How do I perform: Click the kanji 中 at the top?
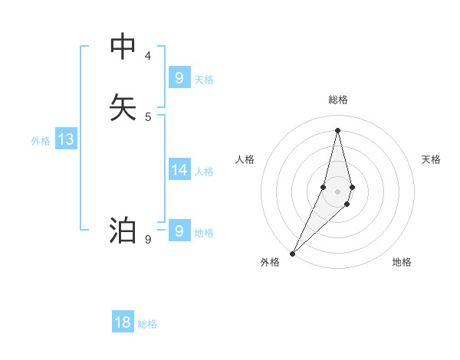123,47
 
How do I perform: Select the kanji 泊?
123,231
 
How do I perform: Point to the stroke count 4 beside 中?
148,56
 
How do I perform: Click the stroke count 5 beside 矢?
148,116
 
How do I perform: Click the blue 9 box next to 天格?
179,77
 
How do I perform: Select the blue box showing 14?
179,169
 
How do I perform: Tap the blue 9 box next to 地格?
179,231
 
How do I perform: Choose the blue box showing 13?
66,139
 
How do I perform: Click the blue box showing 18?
123,322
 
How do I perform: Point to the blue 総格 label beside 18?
147,324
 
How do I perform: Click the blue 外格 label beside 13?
41,141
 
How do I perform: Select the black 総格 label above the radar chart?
338,100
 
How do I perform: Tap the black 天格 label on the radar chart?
432,159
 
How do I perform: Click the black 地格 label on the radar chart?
402,262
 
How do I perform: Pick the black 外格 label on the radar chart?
270,262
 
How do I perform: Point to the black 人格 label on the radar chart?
245,159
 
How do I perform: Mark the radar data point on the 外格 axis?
292,253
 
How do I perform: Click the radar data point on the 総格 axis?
338,129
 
